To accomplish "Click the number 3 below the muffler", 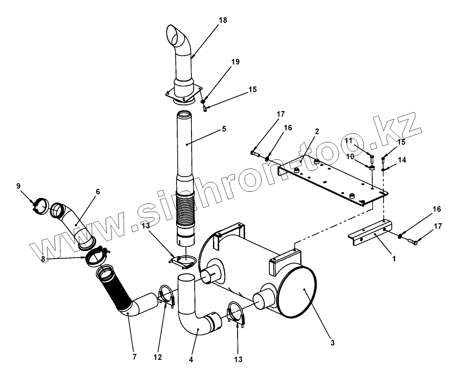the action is coord(332,343).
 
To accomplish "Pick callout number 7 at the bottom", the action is coord(134,357).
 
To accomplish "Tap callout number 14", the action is coord(402,160).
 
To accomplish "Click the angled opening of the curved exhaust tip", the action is coord(176,35).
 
